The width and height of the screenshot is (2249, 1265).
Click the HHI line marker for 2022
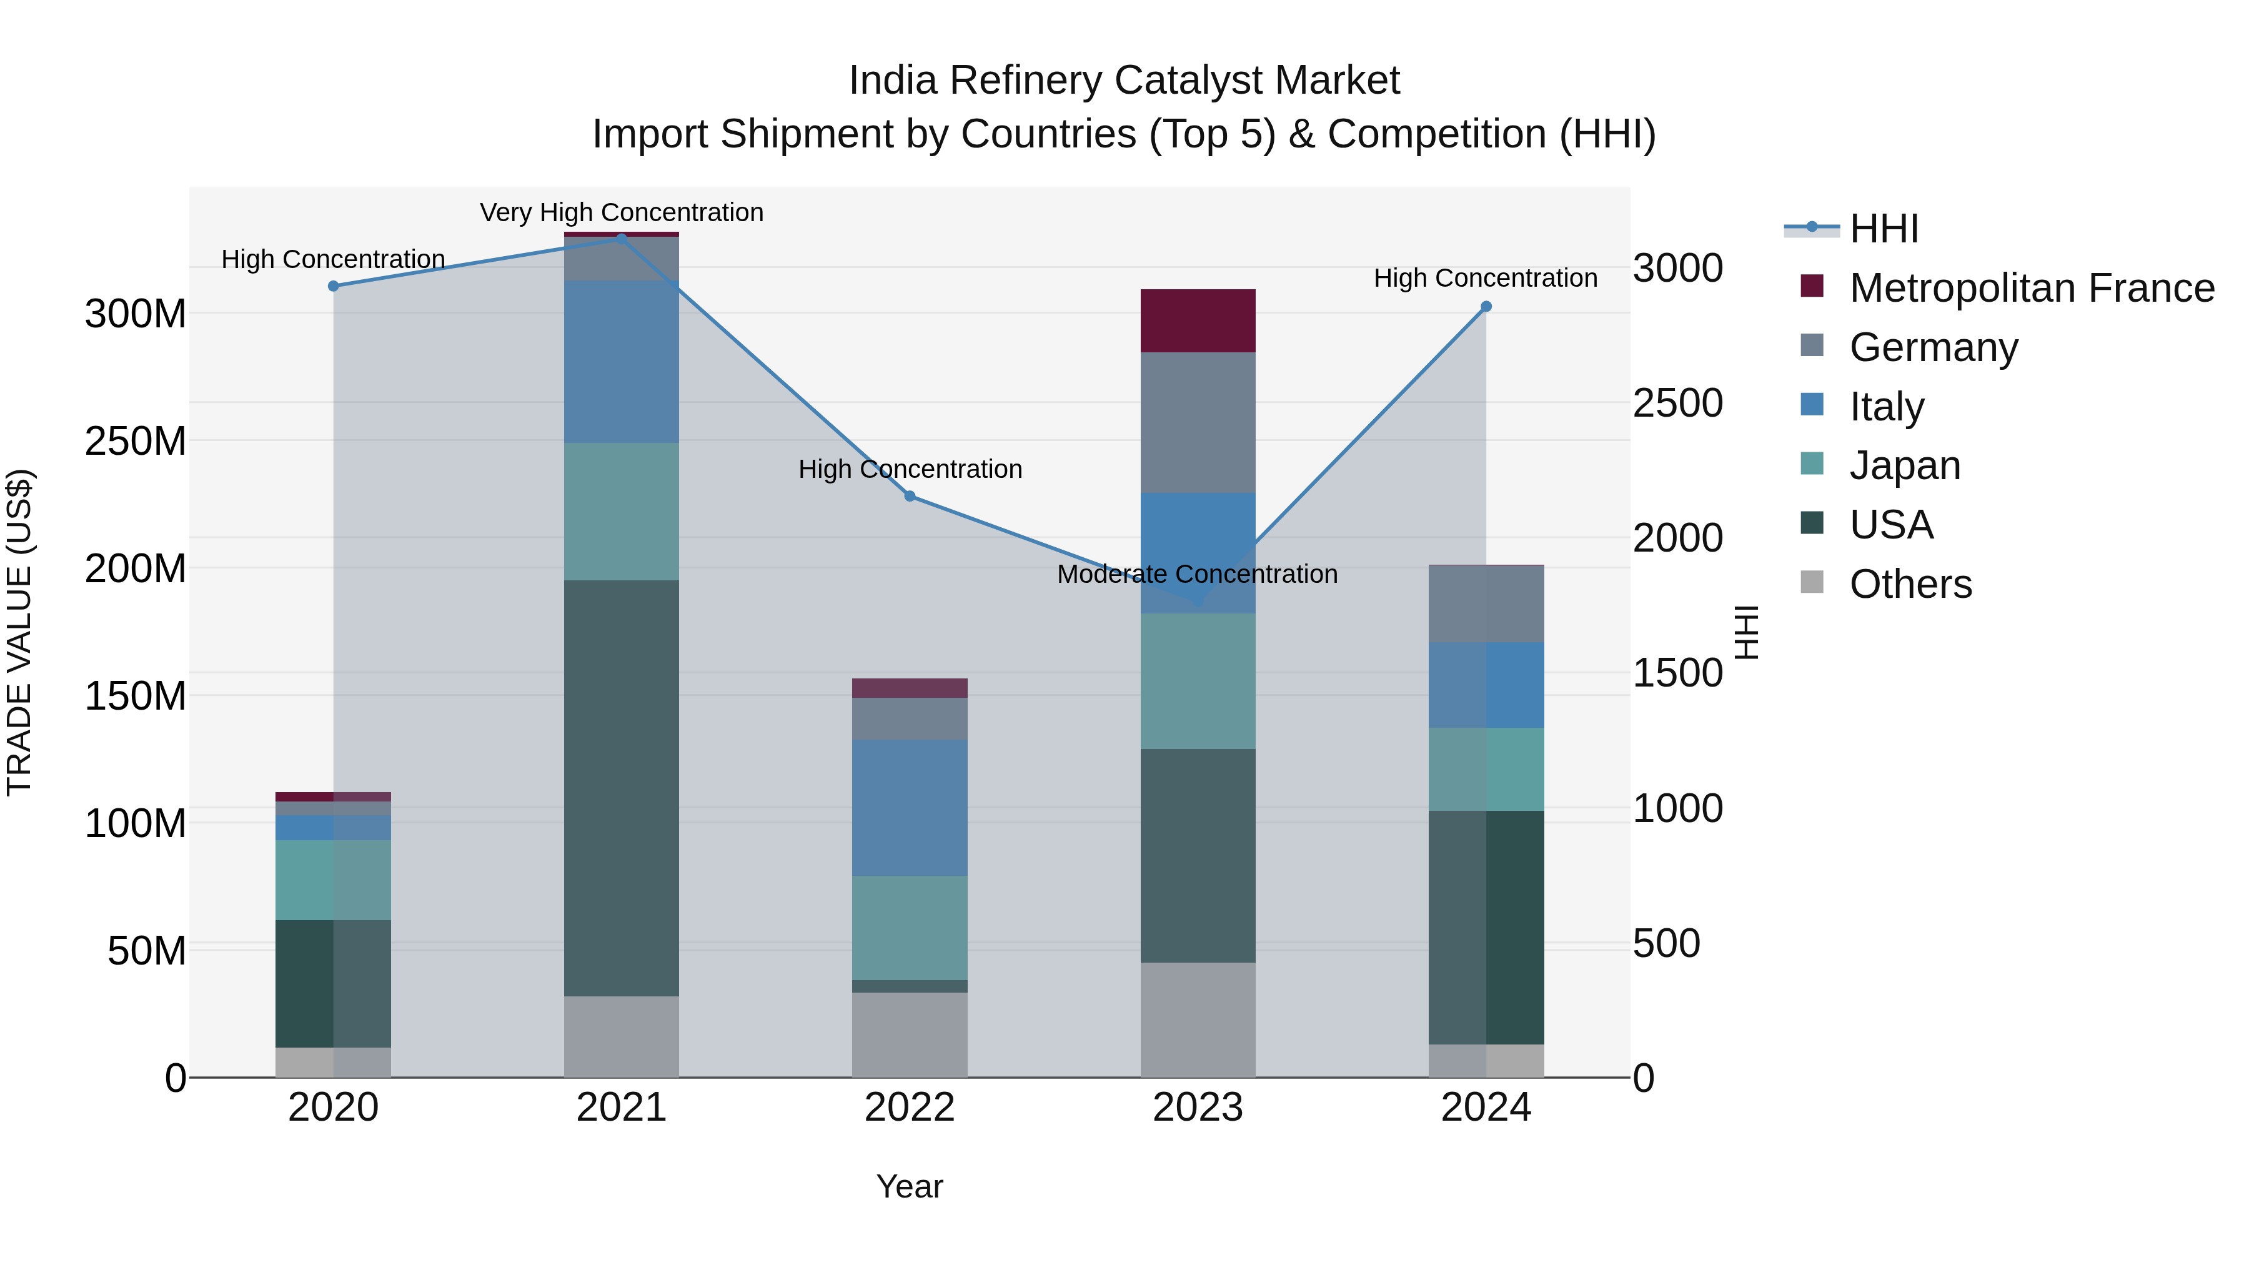pyautogui.click(x=910, y=496)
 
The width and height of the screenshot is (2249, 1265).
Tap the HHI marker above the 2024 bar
pyautogui.click(x=1486, y=307)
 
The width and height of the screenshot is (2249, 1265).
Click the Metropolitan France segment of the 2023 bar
pyautogui.click(x=1198, y=320)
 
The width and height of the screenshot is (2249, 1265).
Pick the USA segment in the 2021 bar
pyautogui.click(x=621, y=788)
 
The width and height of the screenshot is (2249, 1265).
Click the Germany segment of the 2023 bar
pyautogui.click(x=1198, y=422)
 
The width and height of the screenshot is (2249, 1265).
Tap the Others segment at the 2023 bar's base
pyautogui.click(x=1198, y=1019)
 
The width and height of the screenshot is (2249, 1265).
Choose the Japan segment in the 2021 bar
pyautogui.click(x=621, y=511)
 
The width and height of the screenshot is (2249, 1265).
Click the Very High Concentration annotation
pyautogui.click(x=621, y=212)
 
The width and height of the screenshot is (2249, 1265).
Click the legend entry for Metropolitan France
pyautogui.click(x=2031, y=288)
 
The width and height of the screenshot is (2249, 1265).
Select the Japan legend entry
pyautogui.click(x=1904, y=465)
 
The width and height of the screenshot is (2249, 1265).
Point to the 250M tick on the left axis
pyautogui.click(x=136, y=441)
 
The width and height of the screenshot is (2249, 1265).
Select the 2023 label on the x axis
pyautogui.click(x=1198, y=1107)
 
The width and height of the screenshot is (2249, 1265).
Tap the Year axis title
pyautogui.click(x=909, y=1186)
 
